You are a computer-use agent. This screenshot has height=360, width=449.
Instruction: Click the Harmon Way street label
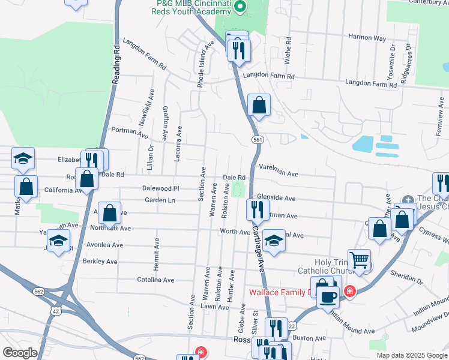pos(367,37)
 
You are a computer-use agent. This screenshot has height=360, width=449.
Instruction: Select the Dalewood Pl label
pos(161,188)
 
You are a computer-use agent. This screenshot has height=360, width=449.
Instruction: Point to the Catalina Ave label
pos(155,280)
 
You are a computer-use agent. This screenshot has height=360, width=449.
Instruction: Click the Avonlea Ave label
pos(104,245)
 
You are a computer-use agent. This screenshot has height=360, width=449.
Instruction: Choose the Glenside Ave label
pos(276,197)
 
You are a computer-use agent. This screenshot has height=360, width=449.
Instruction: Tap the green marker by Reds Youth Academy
pos(240,8)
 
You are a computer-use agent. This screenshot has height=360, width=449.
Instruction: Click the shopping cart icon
pos(359,260)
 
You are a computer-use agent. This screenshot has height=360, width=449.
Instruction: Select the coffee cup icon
pos(328,296)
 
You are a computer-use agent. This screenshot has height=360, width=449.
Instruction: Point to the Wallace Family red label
pos(279,293)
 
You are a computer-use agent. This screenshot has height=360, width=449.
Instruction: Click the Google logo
pos(20,353)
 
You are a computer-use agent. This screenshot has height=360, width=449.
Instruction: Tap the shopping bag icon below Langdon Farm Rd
pos(258,105)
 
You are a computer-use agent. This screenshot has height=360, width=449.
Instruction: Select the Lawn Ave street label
pos(215,307)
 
